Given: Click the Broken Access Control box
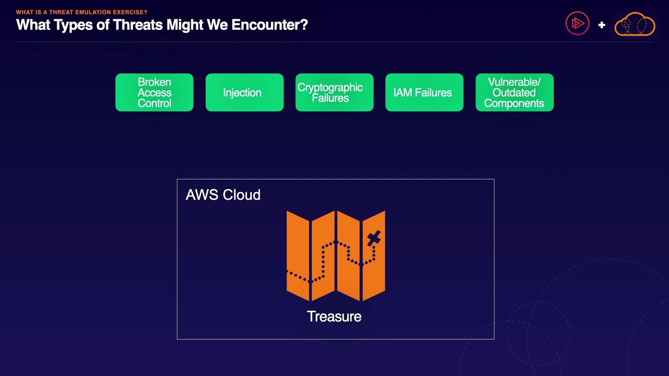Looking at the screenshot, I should pyautogui.click(x=154, y=92).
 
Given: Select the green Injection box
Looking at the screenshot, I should pyautogui.click(x=245, y=92).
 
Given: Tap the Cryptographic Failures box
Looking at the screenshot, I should pyautogui.click(x=334, y=92).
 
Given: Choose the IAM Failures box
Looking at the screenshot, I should pyautogui.click(x=424, y=92).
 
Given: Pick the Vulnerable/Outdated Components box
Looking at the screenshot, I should pyautogui.click(x=514, y=92).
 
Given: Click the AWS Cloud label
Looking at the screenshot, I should pyautogui.click(x=223, y=195).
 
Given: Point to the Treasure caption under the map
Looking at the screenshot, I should pyautogui.click(x=334, y=316).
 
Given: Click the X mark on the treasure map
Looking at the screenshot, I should pyautogui.click(x=374, y=239).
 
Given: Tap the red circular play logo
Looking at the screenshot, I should pyautogui.click(x=578, y=24).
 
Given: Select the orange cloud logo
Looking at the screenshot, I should pyautogui.click(x=635, y=25).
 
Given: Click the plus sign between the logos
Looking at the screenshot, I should pyautogui.click(x=602, y=25).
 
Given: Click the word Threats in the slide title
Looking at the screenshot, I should pyautogui.click(x=137, y=25).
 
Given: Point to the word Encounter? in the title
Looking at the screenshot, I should pyautogui.click(x=270, y=25).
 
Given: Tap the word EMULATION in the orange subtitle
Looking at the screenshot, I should pyautogui.click(x=92, y=12).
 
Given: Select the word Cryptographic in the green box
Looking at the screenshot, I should pyautogui.click(x=330, y=87).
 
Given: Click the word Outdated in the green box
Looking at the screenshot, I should pyautogui.click(x=514, y=92).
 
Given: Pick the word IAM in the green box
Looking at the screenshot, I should pyautogui.click(x=402, y=92).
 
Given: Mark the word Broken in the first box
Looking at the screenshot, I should pyautogui.click(x=154, y=82).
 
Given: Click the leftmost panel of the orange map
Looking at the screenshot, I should pyautogui.click(x=298, y=255).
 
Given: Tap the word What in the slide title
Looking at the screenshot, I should pyautogui.click(x=33, y=25).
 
